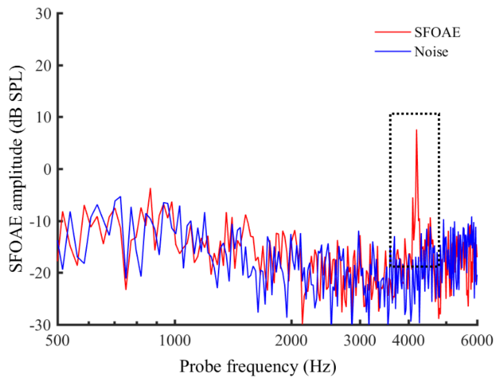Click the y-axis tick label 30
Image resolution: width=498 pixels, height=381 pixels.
(43, 14)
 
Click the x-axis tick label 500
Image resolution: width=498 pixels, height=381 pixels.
(57, 341)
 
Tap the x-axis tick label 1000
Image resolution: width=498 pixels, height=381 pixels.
(175, 341)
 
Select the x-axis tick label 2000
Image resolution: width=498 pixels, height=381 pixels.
(291, 341)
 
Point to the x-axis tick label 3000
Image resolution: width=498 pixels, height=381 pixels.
(360, 341)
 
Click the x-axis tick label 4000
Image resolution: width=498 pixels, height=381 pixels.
(408, 341)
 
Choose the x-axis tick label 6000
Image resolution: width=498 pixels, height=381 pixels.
(477, 341)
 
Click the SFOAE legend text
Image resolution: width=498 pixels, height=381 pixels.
(437, 32)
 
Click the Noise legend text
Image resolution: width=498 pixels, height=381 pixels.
(431, 52)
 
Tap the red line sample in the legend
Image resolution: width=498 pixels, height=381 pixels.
(393, 32)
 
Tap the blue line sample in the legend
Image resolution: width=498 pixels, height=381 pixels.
(393, 52)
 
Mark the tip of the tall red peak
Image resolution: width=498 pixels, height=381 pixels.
(416, 130)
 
